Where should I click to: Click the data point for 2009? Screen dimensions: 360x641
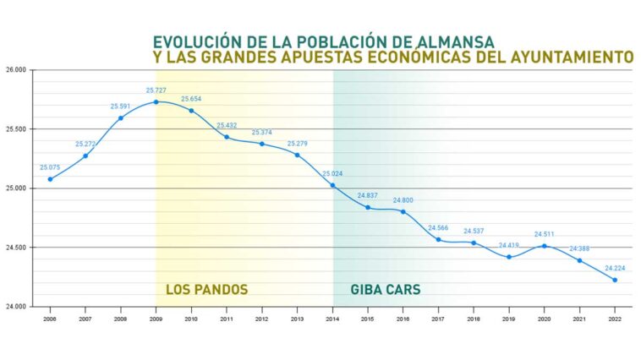156,102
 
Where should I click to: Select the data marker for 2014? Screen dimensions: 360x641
332,185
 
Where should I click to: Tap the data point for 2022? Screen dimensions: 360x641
615,280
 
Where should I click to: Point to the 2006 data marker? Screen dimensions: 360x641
50,179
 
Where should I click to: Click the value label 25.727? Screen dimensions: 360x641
156,90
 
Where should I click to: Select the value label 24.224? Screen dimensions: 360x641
615,268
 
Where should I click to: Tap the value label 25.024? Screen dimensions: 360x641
333,173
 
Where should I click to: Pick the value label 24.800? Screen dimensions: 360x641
403,200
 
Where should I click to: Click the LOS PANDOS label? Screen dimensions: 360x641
206,290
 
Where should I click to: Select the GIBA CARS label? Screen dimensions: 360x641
386,290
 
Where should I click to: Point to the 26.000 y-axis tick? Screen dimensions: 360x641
17,70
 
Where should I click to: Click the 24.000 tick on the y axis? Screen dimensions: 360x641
17,307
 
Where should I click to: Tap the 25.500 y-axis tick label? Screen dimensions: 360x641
17,129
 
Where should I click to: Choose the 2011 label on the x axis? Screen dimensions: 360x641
227,319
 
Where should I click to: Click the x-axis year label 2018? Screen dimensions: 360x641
474,319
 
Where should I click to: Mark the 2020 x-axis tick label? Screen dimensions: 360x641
544,319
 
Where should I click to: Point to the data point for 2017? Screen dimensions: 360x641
438,239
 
